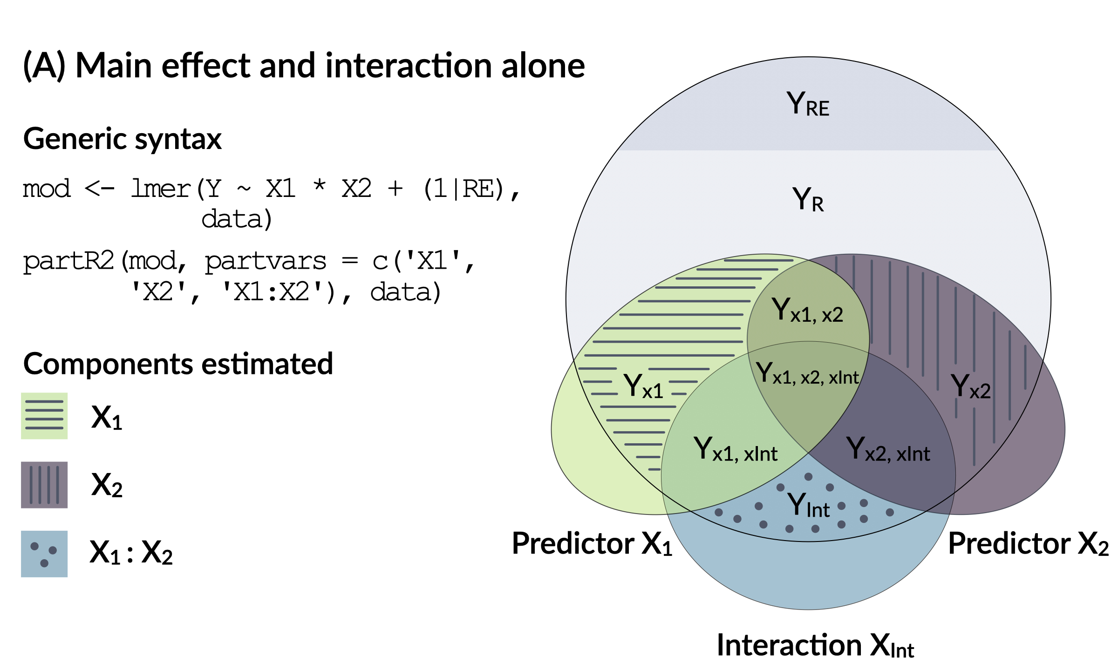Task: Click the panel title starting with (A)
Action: tap(304, 66)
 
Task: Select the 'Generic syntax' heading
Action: tap(123, 139)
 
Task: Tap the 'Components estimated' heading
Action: tap(178, 364)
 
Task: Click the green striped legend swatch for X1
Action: tap(44, 416)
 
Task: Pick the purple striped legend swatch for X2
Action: tap(44, 485)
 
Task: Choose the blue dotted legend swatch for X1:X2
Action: tap(44, 554)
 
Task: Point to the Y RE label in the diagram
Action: tap(808, 104)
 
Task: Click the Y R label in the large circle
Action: tap(808, 200)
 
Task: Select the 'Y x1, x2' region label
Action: tap(807, 311)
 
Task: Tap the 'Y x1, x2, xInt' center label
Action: tap(807, 374)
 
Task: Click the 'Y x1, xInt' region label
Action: tap(736, 450)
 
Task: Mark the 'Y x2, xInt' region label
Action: tap(888, 450)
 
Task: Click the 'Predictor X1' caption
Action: tap(592, 544)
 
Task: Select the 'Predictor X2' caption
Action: tap(1028, 544)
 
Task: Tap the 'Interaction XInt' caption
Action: tap(815, 646)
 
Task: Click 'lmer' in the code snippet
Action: tap(161, 189)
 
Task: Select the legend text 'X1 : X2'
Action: tap(131, 553)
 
